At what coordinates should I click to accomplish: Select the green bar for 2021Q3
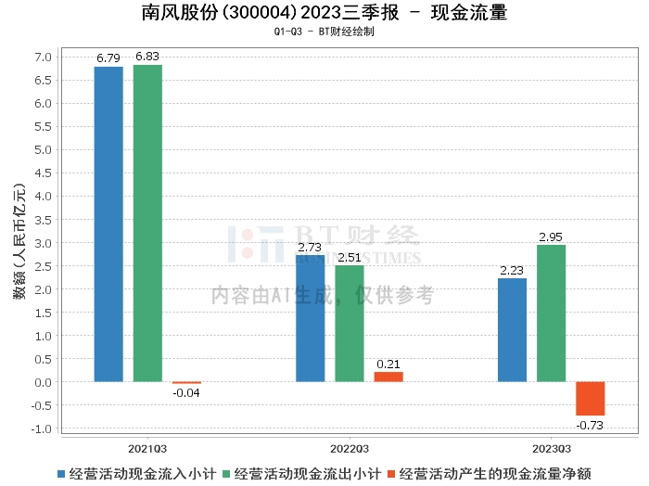(147, 224)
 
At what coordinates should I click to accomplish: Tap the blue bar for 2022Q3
(311, 318)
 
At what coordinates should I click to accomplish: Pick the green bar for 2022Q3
(350, 324)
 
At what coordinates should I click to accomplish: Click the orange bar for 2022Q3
(388, 377)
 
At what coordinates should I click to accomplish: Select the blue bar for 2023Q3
(512, 330)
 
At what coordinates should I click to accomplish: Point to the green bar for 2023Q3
(551, 313)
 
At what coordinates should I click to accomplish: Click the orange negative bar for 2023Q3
(590, 399)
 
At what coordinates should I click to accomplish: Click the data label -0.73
(590, 425)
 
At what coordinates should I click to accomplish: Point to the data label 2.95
(552, 237)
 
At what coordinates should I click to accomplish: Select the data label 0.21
(388, 364)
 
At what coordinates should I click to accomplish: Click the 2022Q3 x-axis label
(350, 447)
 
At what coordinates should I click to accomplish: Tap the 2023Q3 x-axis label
(551, 447)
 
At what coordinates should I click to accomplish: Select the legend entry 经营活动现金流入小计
(141, 473)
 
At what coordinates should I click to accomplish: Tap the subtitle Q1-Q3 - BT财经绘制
(324, 32)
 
